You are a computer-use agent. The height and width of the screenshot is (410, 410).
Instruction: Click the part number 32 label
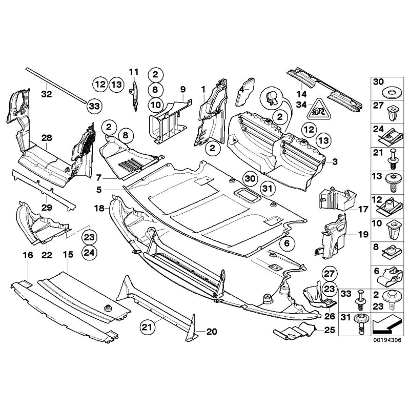tap(47, 94)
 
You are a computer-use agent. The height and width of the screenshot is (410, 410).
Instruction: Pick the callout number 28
tap(47, 138)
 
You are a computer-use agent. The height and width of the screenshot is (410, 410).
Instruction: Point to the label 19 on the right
tap(363, 235)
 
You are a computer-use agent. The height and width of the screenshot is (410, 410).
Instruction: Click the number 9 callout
tap(182, 89)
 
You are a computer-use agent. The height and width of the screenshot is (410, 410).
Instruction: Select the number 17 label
tap(363, 209)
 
